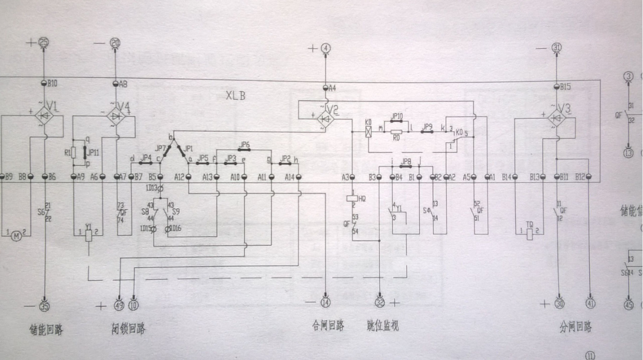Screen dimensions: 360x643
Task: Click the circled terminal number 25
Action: coord(44,42)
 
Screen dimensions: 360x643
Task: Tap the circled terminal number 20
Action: coord(115,42)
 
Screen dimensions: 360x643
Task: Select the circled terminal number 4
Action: coord(326,48)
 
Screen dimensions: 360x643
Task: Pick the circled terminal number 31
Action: coord(557,48)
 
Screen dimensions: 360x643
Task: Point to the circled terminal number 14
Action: coord(326,303)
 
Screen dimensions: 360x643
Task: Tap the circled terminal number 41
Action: coord(590,303)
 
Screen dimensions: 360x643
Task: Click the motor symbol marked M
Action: coord(16,236)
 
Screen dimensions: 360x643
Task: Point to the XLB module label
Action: coord(236,95)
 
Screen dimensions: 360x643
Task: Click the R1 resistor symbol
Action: coord(73,153)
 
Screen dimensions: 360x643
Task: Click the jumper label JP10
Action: coord(397,116)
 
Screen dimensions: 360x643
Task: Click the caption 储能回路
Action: coord(46,330)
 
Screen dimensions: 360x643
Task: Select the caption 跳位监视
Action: coord(382,326)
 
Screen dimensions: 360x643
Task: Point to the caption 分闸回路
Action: coord(576,328)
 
